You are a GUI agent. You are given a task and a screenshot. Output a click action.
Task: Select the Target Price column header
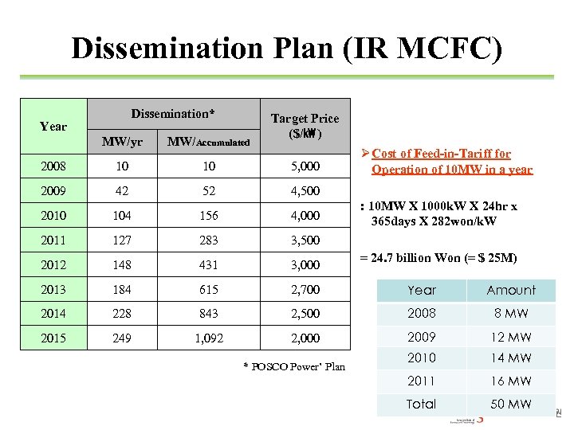pyautogui.click(x=305, y=126)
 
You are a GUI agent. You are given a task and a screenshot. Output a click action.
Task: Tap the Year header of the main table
pyautogui.click(x=53, y=126)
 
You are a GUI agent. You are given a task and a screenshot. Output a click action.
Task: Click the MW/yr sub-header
pyautogui.click(x=123, y=142)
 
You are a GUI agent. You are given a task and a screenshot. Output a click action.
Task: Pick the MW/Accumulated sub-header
pyautogui.click(x=209, y=142)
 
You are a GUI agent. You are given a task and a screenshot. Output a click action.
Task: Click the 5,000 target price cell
pyautogui.click(x=305, y=166)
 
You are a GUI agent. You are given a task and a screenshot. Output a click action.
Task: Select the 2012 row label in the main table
pyautogui.click(x=53, y=264)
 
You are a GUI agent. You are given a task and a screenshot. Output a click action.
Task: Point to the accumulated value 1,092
pyautogui.click(x=209, y=338)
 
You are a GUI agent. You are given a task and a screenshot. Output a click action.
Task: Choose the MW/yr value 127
pyautogui.click(x=123, y=240)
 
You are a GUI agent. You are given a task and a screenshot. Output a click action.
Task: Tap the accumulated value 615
pyautogui.click(x=209, y=289)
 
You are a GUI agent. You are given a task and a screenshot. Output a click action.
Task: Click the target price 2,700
pyautogui.click(x=305, y=289)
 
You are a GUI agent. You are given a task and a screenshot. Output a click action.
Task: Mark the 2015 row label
pyautogui.click(x=53, y=338)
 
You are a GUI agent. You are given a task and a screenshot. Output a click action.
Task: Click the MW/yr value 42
pyautogui.click(x=123, y=191)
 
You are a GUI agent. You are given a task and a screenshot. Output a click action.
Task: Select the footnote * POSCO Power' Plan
pyautogui.click(x=293, y=366)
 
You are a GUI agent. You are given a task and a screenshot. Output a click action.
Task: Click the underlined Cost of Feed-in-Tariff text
pyautogui.click(x=451, y=161)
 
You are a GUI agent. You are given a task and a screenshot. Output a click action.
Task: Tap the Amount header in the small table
pyautogui.click(x=511, y=291)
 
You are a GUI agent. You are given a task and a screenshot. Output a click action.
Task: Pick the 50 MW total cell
pyautogui.click(x=511, y=404)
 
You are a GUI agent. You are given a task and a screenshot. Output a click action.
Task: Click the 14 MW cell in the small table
pyautogui.click(x=511, y=358)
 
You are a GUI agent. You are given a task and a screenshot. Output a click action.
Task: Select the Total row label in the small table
pyautogui.click(x=421, y=404)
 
